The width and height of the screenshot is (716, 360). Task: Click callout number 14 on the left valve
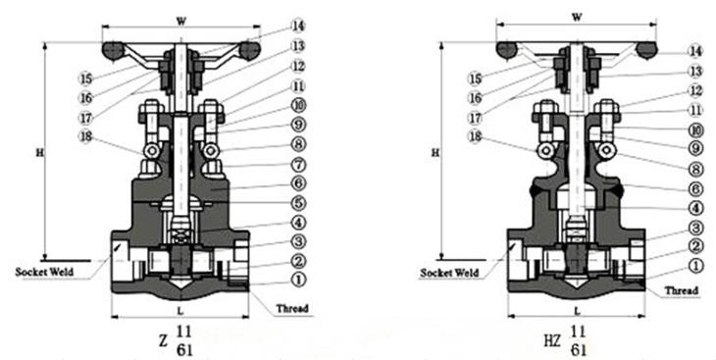point(298,26)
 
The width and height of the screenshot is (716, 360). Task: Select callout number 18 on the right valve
point(476,137)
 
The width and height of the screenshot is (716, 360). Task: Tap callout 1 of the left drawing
point(298,280)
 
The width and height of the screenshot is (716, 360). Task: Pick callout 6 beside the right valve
point(695,187)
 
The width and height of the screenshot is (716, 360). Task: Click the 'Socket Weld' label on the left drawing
point(44,272)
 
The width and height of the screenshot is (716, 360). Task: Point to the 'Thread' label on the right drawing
point(681,290)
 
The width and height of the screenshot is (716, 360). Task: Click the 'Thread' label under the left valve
point(291,308)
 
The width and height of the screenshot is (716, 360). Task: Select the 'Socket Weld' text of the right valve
point(449,273)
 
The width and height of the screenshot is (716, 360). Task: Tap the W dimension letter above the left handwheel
point(181,21)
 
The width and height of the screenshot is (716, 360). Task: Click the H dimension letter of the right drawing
point(435,153)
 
